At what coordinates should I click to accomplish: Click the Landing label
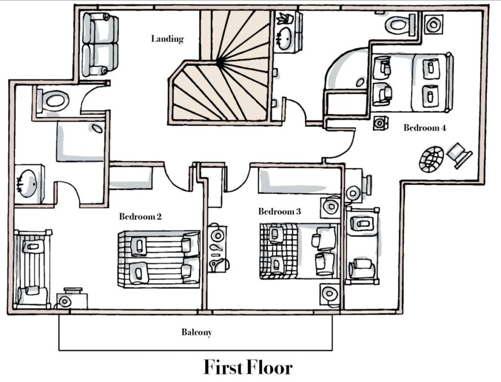coord(167,39)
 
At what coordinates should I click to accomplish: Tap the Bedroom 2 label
coord(140,216)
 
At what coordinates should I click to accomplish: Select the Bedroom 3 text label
coord(279,212)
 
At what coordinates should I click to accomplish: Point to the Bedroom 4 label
coord(425,128)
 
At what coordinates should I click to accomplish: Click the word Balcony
coord(197,333)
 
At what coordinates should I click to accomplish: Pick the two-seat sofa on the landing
coord(100,45)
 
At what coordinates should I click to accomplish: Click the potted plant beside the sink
coord(283,19)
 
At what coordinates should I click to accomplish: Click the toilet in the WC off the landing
coord(53,101)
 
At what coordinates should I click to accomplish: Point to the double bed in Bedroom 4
coord(411,81)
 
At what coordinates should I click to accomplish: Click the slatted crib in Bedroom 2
coord(32,269)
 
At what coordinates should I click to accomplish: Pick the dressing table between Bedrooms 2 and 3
coord(217,248)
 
